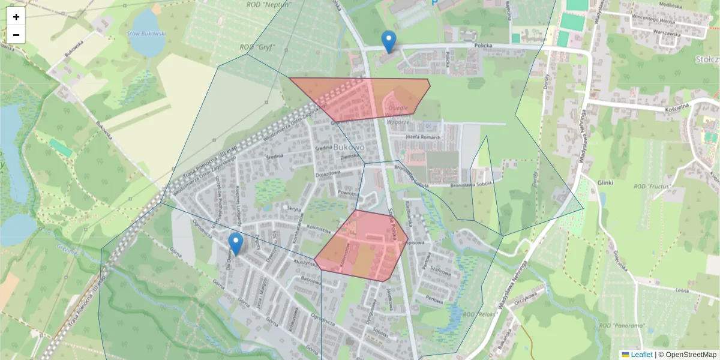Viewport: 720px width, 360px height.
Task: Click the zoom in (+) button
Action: (x=16, y=17)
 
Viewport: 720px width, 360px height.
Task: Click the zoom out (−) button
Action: (x=16, y=35)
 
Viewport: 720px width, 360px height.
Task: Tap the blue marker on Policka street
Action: (x=389, y=41)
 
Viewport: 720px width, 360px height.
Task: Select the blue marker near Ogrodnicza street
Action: (x=236, y=243)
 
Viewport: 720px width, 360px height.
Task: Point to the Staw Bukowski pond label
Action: (x=146, y=34)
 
